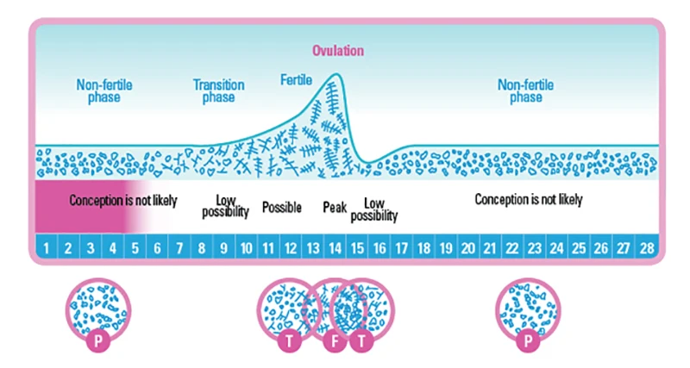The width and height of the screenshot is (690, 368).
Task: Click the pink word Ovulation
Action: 338,51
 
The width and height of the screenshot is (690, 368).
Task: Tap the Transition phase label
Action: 219,90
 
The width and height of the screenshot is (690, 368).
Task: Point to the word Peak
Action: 335,207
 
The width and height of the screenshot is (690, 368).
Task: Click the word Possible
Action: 281,208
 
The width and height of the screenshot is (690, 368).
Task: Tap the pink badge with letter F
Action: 335,340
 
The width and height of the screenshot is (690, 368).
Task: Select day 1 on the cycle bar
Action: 45,248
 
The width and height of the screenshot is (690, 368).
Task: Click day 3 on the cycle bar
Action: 90,248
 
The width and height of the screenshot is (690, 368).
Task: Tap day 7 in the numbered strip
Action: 179,248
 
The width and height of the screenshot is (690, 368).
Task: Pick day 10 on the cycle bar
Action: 246,248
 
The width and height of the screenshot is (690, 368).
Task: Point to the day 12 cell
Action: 291,248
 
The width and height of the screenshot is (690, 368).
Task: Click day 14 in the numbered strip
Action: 335,248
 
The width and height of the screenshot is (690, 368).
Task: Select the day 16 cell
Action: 379,248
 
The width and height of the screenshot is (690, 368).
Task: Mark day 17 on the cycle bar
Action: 402,248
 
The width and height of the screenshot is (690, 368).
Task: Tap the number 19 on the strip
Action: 446,248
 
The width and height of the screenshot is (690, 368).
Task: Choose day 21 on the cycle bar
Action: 490,248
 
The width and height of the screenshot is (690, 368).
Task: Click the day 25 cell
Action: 579,248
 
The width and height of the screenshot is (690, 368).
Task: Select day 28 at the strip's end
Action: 645,248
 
